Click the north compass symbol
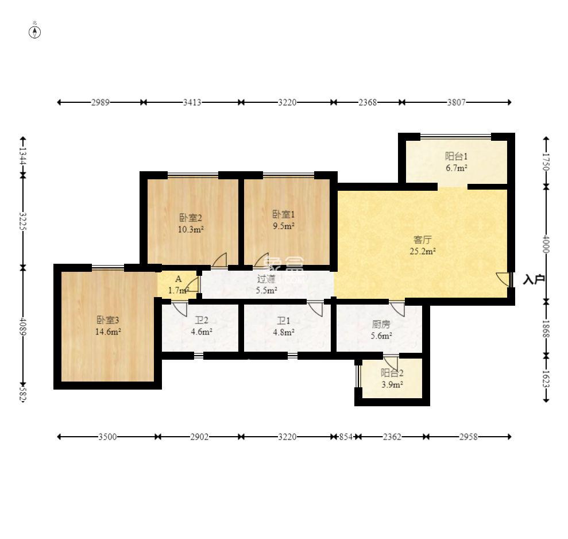tap(35, 32)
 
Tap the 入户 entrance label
tap(534, 279)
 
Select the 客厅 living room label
tap(422, 240)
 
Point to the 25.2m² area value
tap(422, 251)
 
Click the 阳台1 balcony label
tap(456, 156)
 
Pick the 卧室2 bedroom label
tap(191, 218)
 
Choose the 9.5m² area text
tap(283, 226)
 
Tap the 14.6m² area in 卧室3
tap(108, 332)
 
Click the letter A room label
tap(178, 279)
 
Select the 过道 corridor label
tap(266, 279)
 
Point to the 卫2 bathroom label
tap(202, 321)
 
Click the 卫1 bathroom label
tap(283, 321)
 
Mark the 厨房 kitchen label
tap(381, 324)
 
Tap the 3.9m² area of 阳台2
tap(392, 384)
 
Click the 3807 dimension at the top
tap(456, 102)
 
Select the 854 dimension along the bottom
tap(346, 437)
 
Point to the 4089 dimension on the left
tap(23, 326)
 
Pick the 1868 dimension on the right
tap(546, 329)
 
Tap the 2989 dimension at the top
tap(101, 102)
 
